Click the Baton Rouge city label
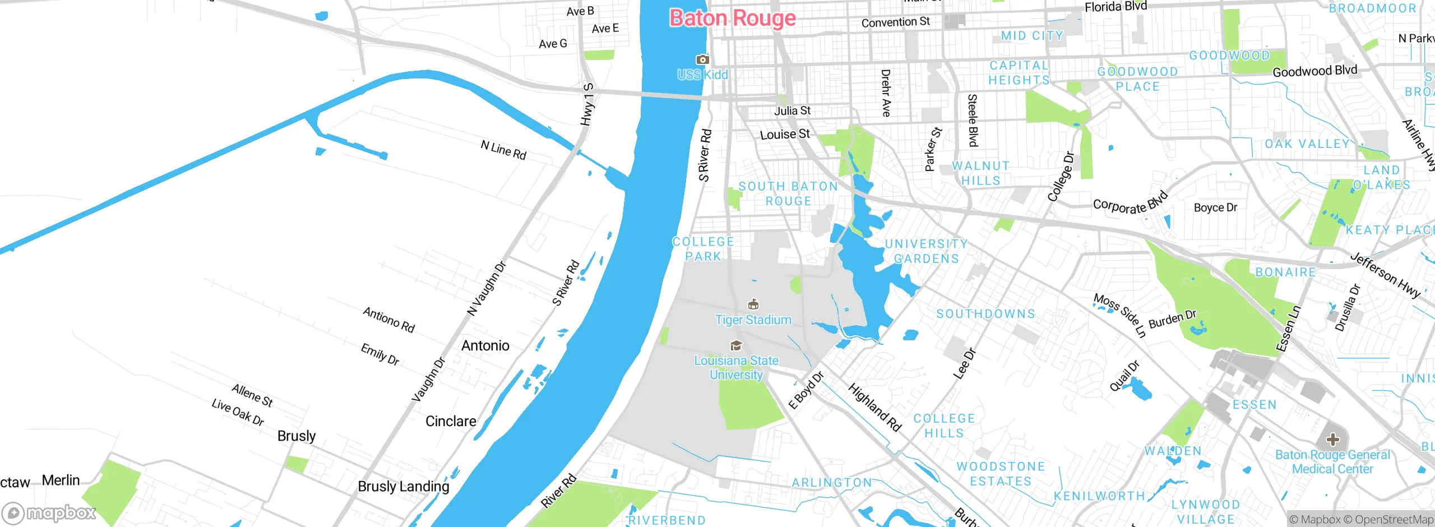[733, 19]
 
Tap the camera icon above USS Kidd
[702, 59]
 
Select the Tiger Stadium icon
[753, 304]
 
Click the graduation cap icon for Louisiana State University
[736, 345]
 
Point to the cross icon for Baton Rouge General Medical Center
[1333, 440]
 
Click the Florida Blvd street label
[1115, 7]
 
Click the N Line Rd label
[503, 150]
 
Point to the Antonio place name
[485, 345]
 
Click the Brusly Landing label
[403, 486]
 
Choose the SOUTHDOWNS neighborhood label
[985, 314]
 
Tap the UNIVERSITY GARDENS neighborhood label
[926, 251]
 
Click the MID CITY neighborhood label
[1032, 36]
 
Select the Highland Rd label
[874, 408]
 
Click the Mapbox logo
[49, 512]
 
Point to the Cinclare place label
[451, 421]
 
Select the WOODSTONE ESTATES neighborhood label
[1001, 474]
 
